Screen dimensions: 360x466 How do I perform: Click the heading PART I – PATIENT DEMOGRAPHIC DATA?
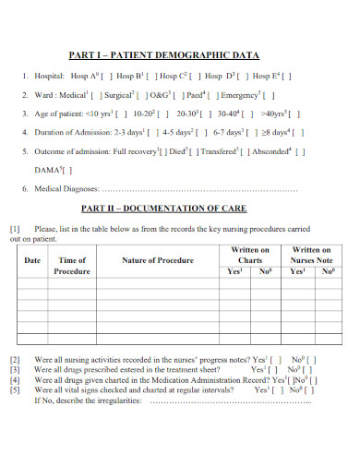(164, 55)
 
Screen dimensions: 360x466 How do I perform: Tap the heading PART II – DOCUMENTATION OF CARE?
(164, 208)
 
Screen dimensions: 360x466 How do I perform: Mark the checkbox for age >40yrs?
(295, 114)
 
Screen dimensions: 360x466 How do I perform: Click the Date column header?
(32, 261)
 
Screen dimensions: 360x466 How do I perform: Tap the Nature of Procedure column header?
(157, 261)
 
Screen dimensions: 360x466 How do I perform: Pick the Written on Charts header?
(250, 255)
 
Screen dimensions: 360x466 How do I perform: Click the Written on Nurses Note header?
(311, 255)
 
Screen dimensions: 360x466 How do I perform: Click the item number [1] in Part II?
(15, 227)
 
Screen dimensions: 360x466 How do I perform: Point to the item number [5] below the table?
(15, 390)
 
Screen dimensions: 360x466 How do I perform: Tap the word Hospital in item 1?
(47, 77)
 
